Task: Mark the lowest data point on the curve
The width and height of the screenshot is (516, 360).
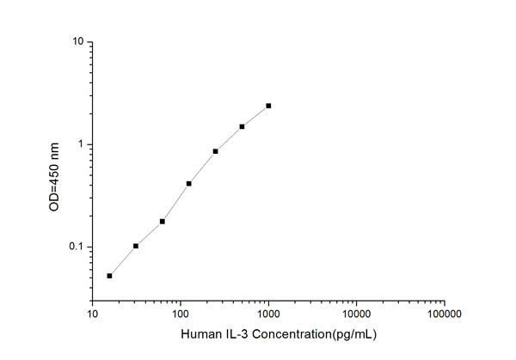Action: coord(109,276)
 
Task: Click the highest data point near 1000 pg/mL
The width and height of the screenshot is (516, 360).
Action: coord(268,106)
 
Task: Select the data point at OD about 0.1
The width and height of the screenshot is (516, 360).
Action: coord(136,246)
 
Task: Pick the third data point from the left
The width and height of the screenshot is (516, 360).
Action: coord(163,221)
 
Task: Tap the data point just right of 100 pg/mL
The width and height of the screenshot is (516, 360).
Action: coord(189,183)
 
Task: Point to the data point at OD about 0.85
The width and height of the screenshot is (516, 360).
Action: coord(215,151)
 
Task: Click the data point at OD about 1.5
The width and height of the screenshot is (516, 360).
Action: coord(242,126)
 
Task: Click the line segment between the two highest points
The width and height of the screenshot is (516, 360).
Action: coord(255,116)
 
